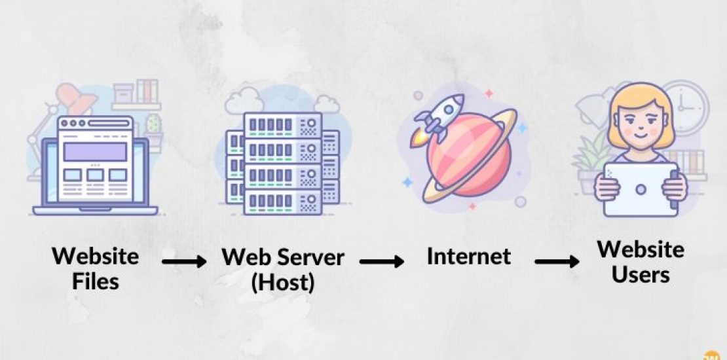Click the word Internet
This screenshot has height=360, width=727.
point(468,255)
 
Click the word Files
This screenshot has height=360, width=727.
point(95,281)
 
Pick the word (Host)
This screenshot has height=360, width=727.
point(283,282)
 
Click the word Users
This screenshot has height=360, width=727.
point(641,274)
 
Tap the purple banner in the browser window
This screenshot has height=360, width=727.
point(95,152)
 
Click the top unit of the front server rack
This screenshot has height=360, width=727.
point(282,124)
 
